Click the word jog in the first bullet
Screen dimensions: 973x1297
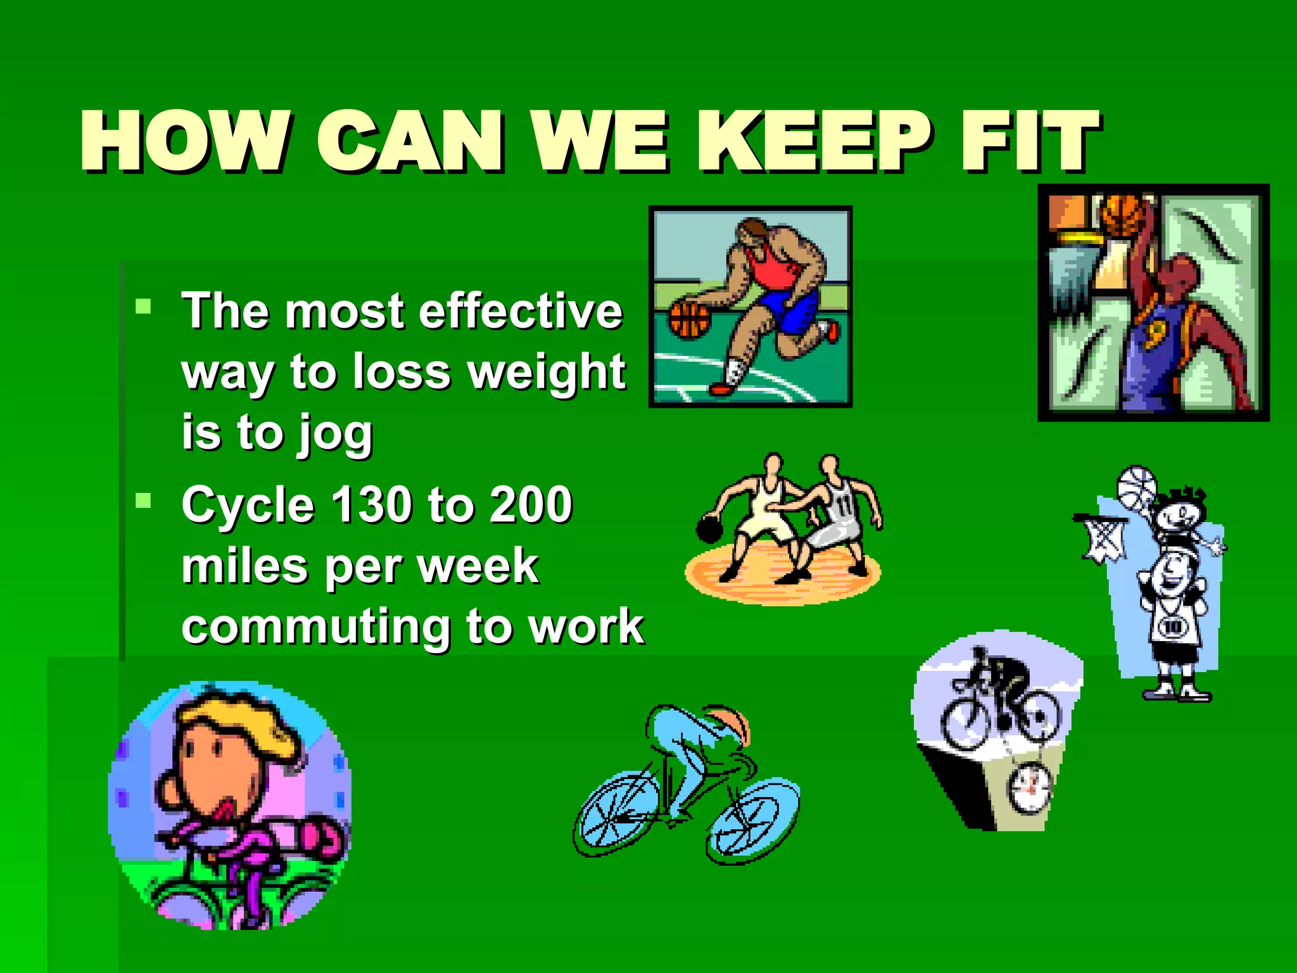pos(336,435)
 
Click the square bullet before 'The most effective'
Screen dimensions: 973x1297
pos(144,307)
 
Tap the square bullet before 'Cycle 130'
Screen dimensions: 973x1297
pos(144,501)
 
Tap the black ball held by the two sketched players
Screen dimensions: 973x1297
pos(707,530)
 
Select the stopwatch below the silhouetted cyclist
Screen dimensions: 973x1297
pos(1030,789)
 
